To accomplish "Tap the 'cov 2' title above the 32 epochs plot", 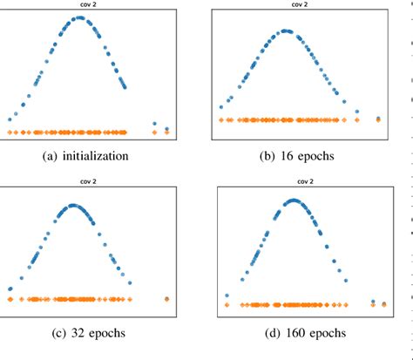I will tap(85, 182).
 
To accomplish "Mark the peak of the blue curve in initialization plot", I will tap(79, 17).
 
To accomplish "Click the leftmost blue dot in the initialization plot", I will tap(10, 119).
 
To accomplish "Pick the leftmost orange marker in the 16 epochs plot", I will tap(221, 119).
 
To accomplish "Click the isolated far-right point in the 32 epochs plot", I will tap(166, 299).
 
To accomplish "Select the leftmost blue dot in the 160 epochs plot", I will tap(227, 295).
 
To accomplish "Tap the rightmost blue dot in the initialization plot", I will tap(166, 127).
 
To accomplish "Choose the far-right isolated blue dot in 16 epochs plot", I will tap(379, 118).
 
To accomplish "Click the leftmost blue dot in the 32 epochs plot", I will tap(10, 289).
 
